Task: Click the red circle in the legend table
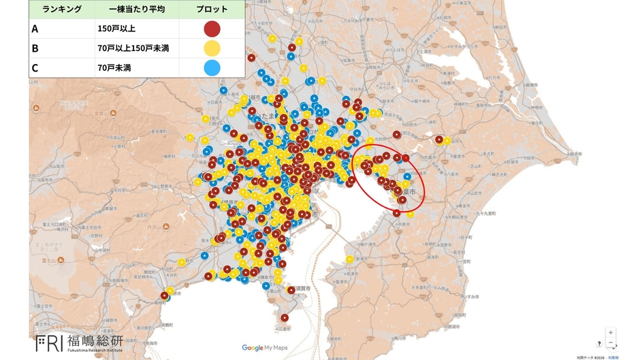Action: [212, 29]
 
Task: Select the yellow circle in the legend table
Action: [212, 48]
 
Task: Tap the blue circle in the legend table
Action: [212, 67]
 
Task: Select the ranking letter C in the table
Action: [35, 67]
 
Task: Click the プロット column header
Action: [212, 10]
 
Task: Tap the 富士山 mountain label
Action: [48, 260]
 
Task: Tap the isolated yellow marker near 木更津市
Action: [350, 259]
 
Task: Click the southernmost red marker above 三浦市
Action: [285, 317]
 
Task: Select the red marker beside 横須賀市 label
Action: [291, 290]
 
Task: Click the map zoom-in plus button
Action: [611, 333]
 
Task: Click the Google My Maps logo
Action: [264, 348]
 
